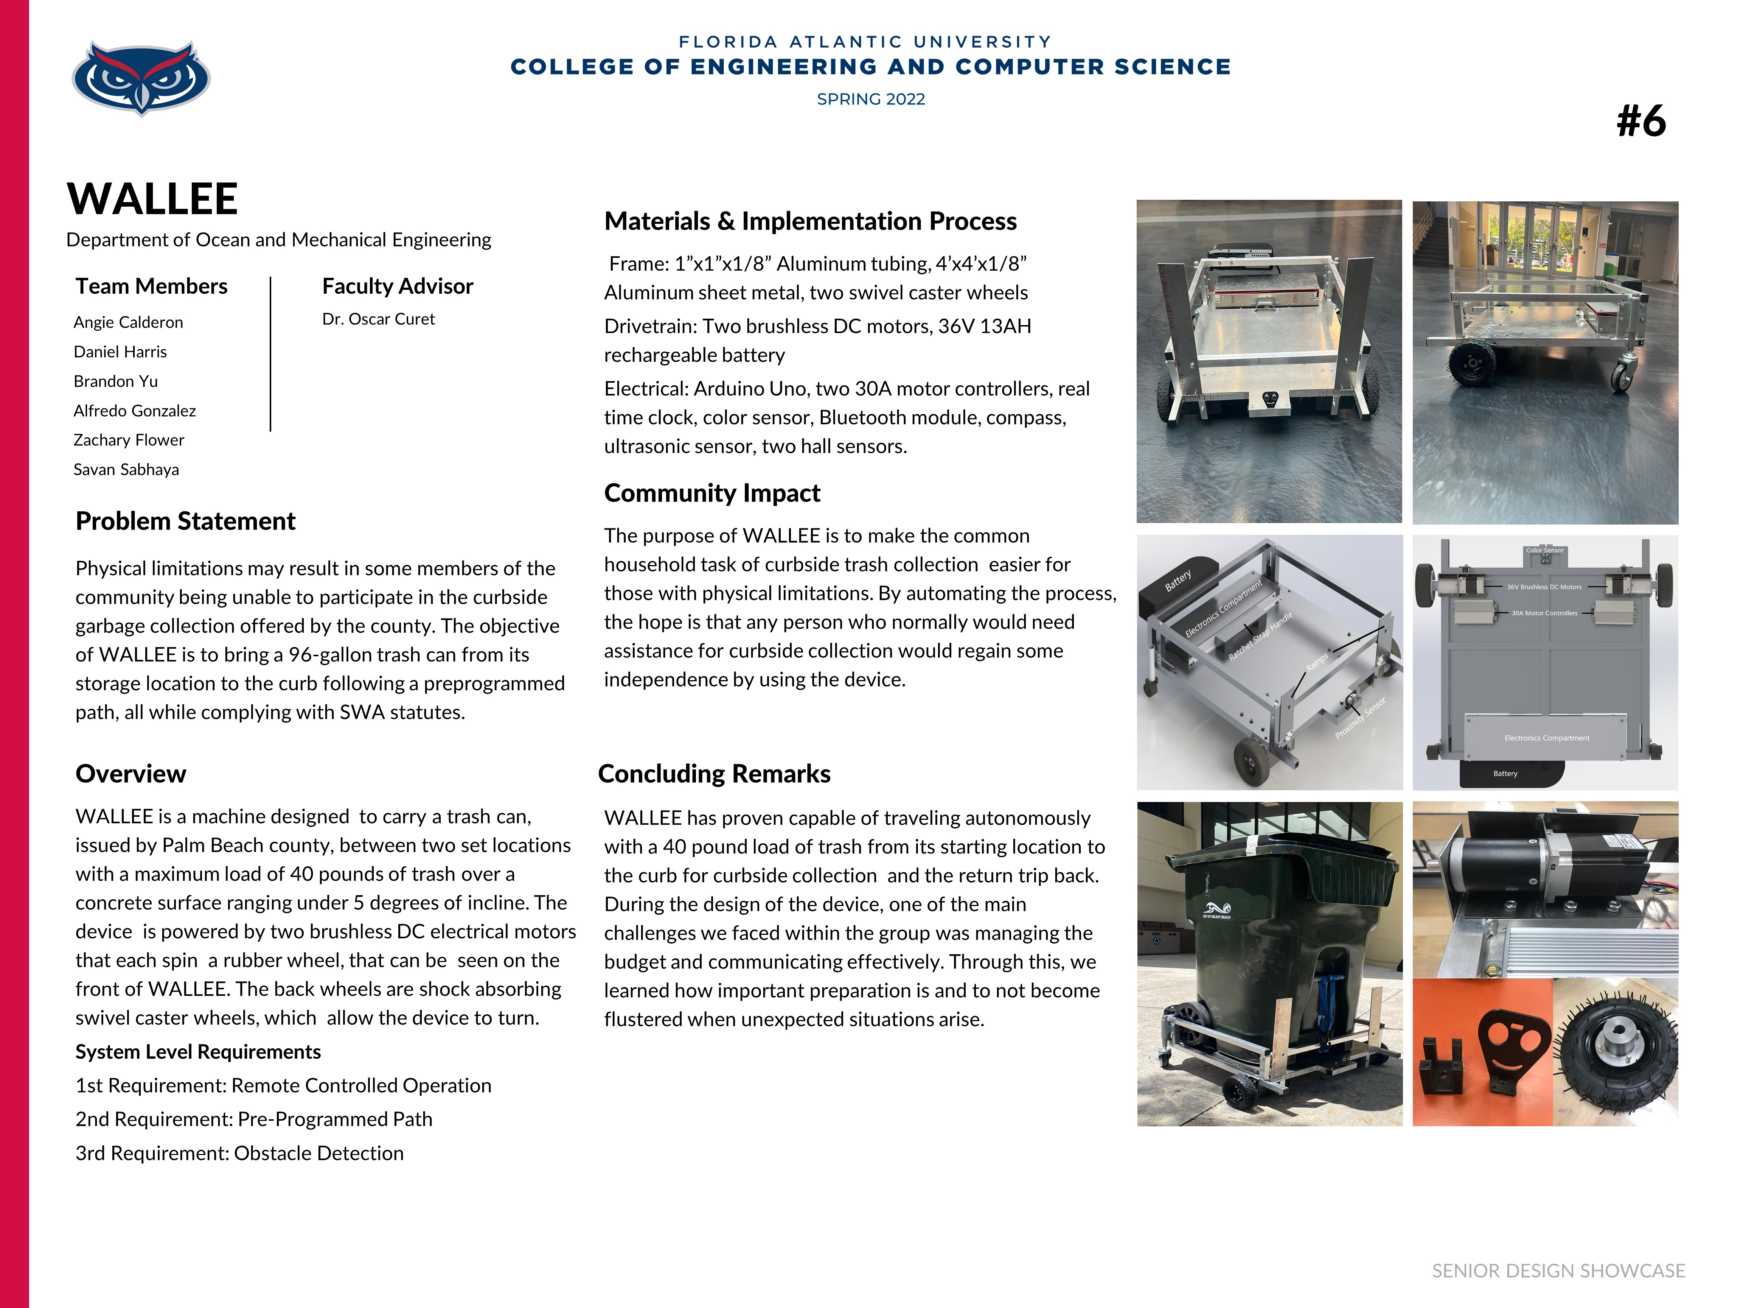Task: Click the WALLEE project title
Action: click(x=152, y=199)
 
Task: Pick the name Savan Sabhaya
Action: click(x=126, y=470)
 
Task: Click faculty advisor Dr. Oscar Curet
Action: click(x=378, y=319)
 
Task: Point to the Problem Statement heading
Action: click(x=185, y=521)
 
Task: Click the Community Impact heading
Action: click(x=711, y=493)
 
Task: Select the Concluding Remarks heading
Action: click(x=714, y=774)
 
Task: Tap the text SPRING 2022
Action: click(x=871, y=99)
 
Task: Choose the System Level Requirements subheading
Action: click(x=198, y=1052)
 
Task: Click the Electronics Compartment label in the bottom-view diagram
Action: click(x=1546, y=738)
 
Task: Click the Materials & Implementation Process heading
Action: click(x=810, y=221)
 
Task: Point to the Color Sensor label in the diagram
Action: click(x=1544, y=550)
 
